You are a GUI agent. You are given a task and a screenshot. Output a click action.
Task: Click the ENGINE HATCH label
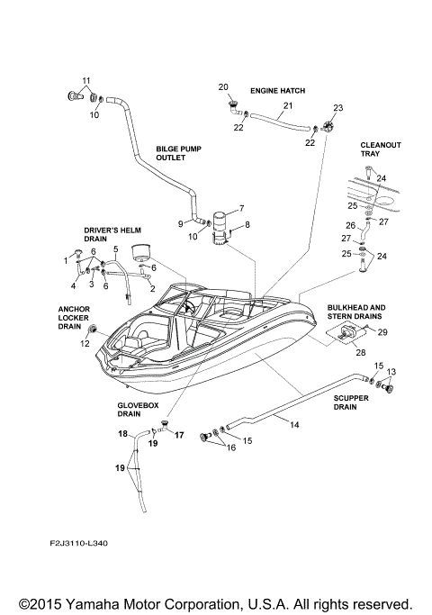[x=277, y=92]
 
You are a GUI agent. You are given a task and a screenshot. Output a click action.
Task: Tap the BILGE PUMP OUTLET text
[x=171, y=152]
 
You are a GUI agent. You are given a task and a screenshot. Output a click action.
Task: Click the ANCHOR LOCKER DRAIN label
[x=71, y=316]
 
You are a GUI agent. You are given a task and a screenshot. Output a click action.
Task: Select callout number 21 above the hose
[x=287, y=106]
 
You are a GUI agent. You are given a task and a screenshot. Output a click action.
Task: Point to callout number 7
[x=240, y=206]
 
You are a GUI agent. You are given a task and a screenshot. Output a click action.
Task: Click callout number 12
[x=85, y=344]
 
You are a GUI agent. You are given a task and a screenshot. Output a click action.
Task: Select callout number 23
[x=338, y=108]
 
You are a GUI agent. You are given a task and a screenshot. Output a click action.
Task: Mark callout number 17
[x=178, y=435]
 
